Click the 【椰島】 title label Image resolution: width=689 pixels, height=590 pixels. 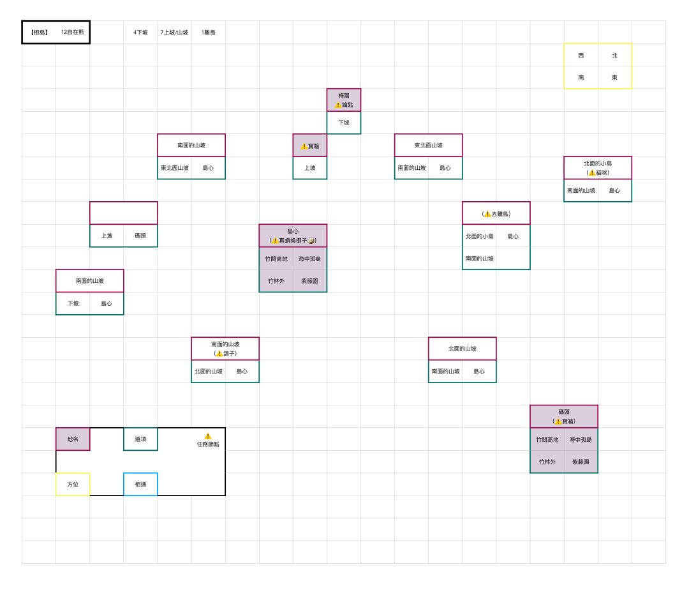point(39,32)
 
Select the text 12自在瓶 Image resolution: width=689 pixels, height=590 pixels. point(73,32)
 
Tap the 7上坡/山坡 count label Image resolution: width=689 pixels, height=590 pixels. point(174,32)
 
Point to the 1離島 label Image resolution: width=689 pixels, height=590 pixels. point(208,32)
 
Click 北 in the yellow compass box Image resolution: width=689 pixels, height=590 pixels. point(614,56)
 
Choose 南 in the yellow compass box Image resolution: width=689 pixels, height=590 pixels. point(581,77)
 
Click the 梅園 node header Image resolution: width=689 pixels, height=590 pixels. point(344,100)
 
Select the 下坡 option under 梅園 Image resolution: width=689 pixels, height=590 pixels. point(344,123)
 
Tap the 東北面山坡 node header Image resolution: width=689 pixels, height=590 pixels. point(429,145)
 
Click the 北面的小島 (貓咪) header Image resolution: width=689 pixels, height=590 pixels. point(598,168)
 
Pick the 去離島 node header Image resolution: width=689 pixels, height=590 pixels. point(496,213)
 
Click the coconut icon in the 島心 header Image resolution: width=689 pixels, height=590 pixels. point(311,241)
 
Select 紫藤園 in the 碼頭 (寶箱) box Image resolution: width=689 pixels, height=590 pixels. point(581,462)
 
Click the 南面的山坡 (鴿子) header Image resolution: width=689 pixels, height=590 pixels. point(225,349)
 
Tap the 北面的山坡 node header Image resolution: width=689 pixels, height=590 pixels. point(463,349)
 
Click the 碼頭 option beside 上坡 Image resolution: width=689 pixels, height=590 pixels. point(140,236)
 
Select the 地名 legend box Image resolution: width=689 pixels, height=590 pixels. point(73,439)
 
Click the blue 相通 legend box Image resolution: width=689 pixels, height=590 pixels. point(140,484)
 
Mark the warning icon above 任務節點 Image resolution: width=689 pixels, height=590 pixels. point(208,436)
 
